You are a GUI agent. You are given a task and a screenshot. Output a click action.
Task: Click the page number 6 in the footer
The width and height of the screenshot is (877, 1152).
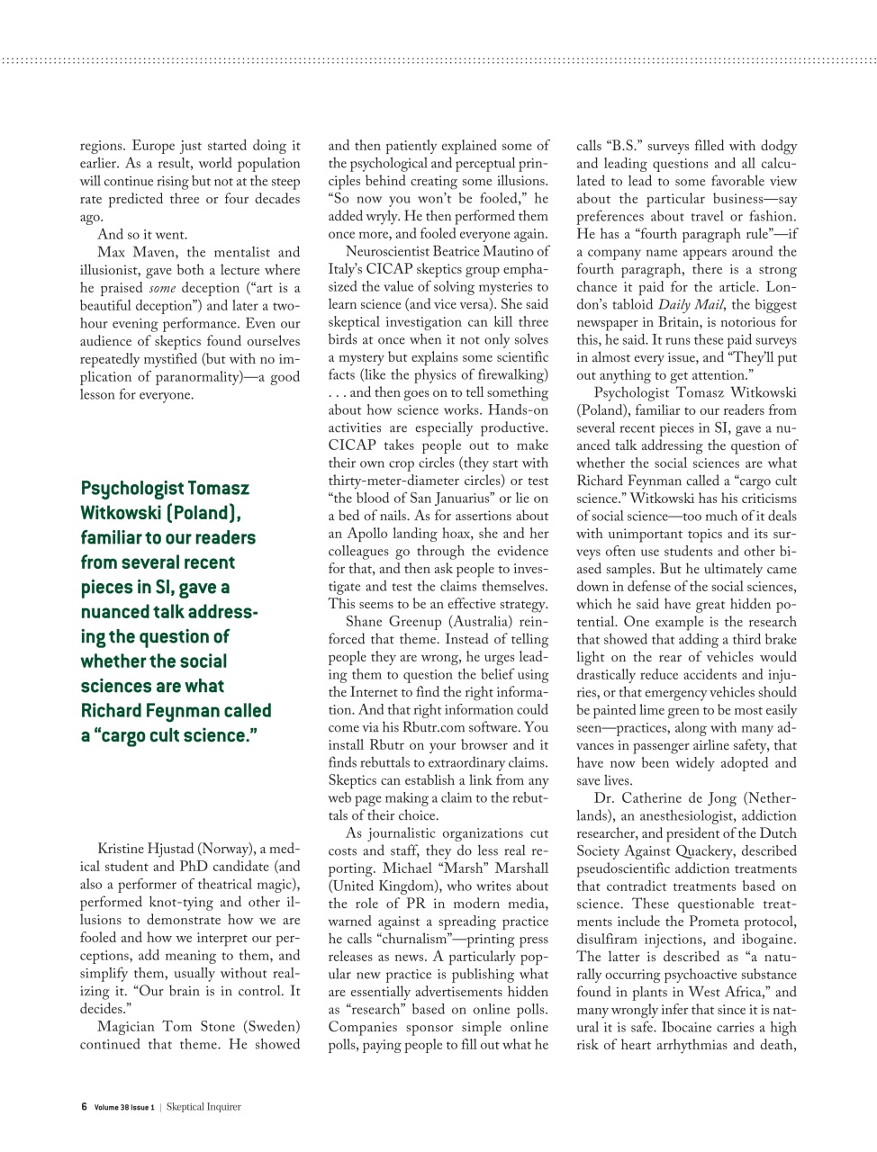[x=84, y=1107]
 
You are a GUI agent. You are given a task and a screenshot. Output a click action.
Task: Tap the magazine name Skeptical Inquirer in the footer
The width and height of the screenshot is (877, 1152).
[x=203, y=1107]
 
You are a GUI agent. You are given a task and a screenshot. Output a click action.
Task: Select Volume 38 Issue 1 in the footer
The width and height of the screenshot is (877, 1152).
[x=124, y=1107]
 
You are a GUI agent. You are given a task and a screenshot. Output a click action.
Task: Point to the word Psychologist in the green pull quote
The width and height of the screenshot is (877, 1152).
[x=132, y=489]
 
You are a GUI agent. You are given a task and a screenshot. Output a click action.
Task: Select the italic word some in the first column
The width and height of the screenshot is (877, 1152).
[x=162, y=288]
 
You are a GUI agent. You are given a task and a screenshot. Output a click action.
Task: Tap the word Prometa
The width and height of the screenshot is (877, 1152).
[x=694, y=922]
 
